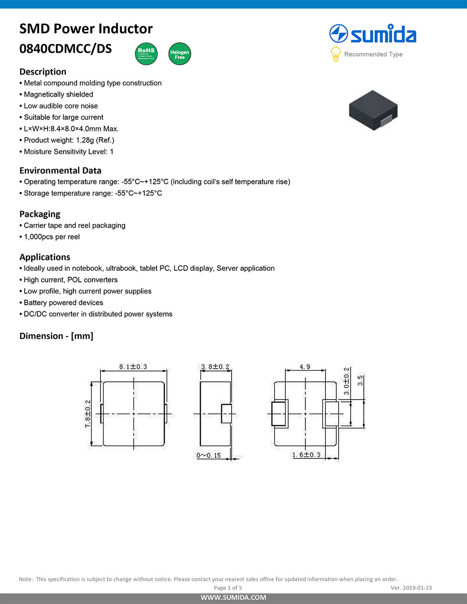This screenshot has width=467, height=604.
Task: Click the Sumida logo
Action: (373, 35)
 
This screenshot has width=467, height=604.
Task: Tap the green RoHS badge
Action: (146, 54)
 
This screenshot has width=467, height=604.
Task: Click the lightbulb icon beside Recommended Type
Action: (335, 54)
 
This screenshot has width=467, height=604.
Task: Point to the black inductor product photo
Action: (373, 110)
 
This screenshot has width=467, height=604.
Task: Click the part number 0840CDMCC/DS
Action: (65, 49)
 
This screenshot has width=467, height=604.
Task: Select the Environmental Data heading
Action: (60, 170)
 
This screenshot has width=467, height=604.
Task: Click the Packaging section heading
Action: (40, 214)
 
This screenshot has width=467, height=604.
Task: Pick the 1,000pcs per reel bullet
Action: (51, 237)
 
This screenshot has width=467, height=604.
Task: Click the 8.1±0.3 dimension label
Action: (133, 367)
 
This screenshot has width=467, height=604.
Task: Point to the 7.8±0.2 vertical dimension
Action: (88, 414)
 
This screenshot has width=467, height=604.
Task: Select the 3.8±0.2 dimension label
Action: (215, 367)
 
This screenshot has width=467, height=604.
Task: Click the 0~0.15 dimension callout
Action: (208, 455)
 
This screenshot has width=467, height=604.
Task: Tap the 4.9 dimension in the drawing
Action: (305, 367)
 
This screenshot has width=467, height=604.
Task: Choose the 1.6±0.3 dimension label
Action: (306, 455)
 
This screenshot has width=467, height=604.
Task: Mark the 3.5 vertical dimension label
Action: (360, 380)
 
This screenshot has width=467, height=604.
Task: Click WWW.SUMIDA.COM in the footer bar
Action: (233, 597)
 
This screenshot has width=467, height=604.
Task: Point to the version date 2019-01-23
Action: (417, 588)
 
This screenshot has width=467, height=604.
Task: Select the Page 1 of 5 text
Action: (228, 588)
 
